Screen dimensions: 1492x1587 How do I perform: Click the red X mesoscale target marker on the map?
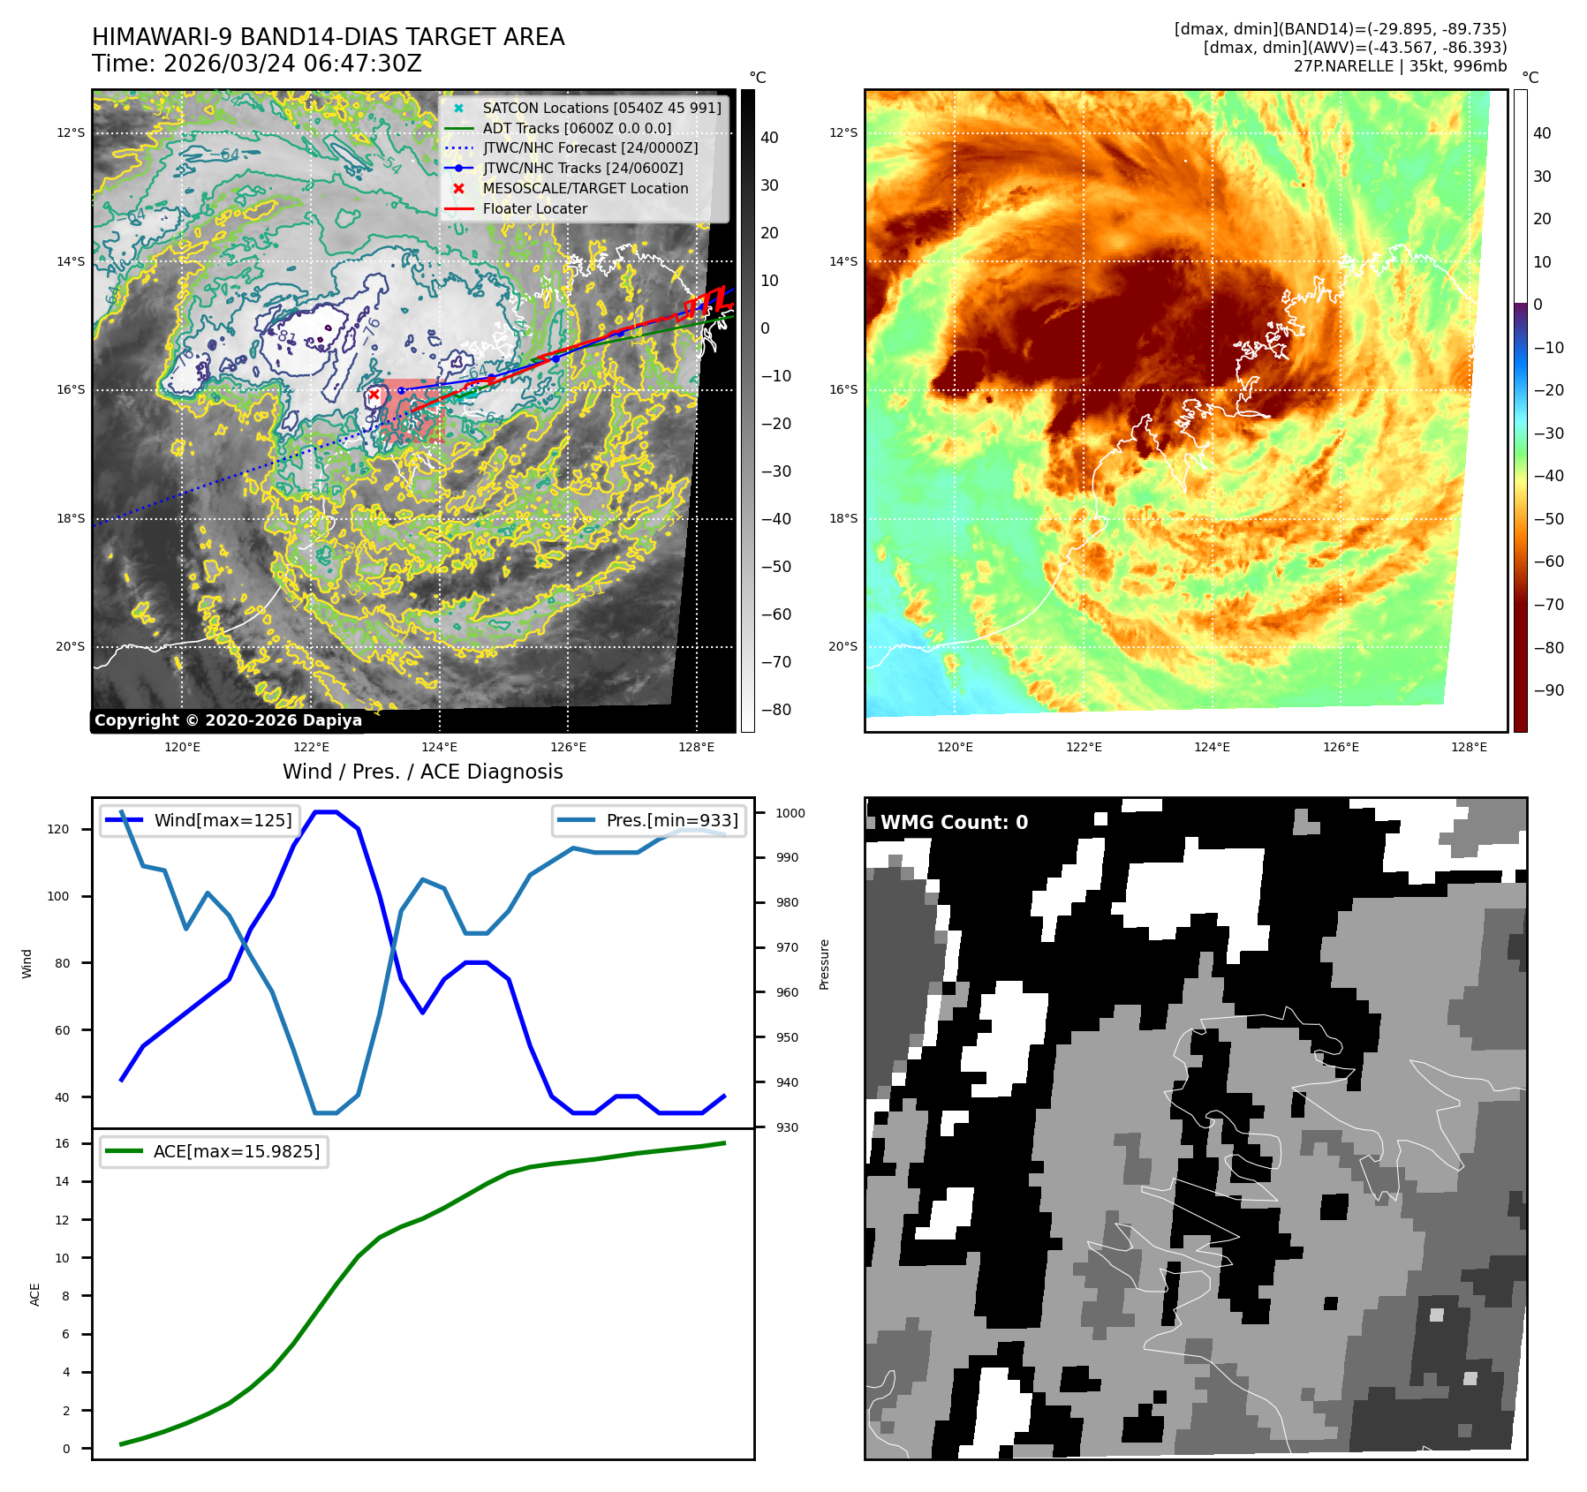(x=374, y=395)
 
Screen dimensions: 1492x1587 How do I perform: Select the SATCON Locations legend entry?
(x=601, y=108)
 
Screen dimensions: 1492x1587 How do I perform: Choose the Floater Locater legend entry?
(x=534, y=208)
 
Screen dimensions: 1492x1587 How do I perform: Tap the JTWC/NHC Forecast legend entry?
(x=590, y=147)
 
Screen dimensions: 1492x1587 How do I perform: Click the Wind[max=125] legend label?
(x=223, y=820)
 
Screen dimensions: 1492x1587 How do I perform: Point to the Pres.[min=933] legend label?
(x=672, y=820)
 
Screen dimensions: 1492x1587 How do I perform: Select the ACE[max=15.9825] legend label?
(x=236, y=1151)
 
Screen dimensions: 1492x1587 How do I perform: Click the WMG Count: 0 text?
(x=954, y=822)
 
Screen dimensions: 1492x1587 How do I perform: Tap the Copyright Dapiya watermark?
(x=228, y=720)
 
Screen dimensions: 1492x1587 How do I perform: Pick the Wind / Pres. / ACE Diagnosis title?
(x=422, y=772)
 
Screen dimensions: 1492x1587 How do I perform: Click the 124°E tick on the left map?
(x=439, y=747)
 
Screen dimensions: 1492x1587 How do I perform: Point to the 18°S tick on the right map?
(x=843, y=518)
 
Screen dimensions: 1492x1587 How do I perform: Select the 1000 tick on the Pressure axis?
(x=790, y=813)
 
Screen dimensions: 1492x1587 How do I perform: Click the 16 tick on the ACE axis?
(x=62, y=1143)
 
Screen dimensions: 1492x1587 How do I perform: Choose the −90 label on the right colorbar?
(x=1548, y=690)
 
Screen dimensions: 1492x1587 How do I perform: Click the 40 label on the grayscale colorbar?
(x=769, y=138)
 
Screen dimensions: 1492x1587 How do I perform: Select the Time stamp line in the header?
(x=257, y=64)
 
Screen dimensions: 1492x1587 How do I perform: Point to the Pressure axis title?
(x=824, y=964)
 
